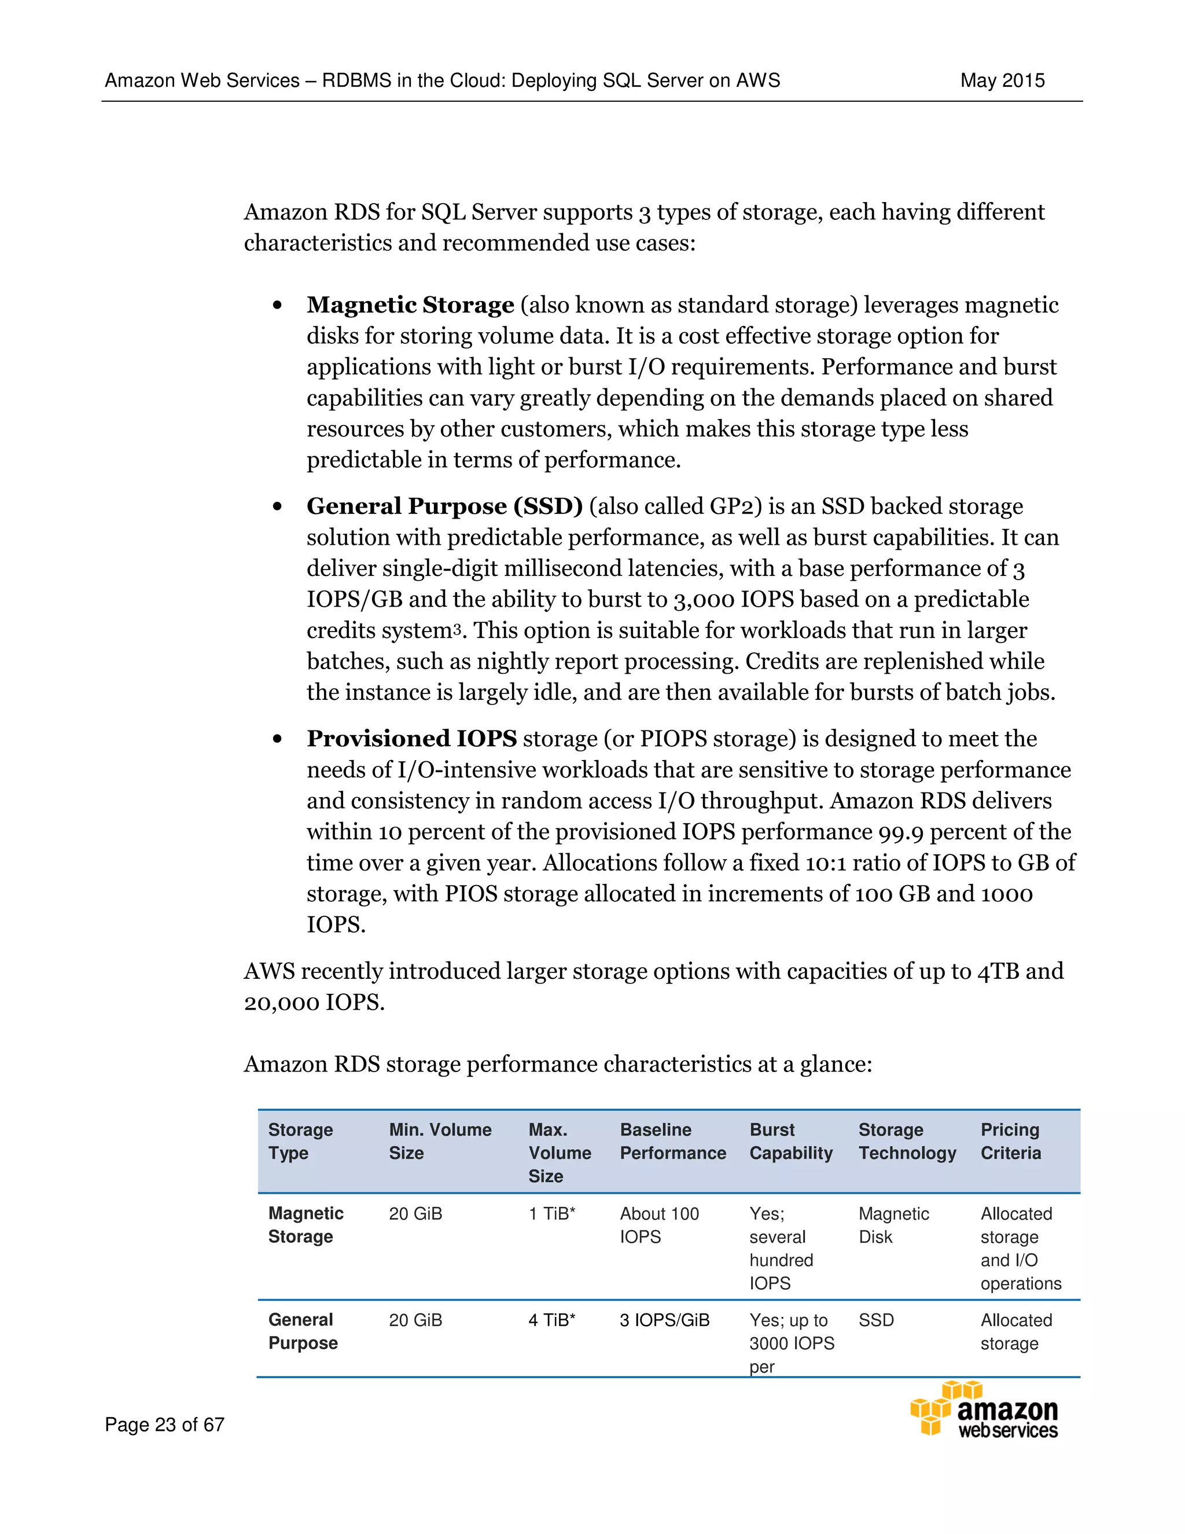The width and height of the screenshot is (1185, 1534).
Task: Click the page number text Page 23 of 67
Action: pyautogui.click(x=164, y=1424)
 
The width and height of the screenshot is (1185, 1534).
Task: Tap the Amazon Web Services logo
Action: pyautogui.click(x=984, y=1409)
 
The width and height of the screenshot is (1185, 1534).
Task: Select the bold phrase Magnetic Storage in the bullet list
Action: pyautogui.click(x=410, y=305)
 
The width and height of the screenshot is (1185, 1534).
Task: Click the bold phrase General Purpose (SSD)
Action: pyautogui.click(x=444, y=507)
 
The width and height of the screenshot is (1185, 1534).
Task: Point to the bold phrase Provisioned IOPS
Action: pyautogui.click(x=411, y=739)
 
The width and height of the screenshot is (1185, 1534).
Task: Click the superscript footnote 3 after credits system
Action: pyautogui.click(x=457, y=627)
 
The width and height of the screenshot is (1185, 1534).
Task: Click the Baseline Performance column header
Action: pyautogui.click(x=672, y=1141)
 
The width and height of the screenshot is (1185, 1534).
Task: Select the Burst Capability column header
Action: pyautogui.click(x=790, y=1141)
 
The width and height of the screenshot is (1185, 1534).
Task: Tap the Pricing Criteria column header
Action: pyautogui.click(x=1010, y=1141)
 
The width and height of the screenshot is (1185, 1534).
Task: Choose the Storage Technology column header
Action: pyautogui.click(x=907, y=1141)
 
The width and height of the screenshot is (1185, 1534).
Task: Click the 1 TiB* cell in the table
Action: pyautogui.click(x=552, y=1214)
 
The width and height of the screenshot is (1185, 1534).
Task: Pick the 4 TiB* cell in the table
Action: pyautogui.click(x=552, y=1320)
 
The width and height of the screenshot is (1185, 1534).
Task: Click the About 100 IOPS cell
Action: pyautogui.click(x=658, y=1225)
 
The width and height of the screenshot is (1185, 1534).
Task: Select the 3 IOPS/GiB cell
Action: pyautogui.click(x=664, y=1320)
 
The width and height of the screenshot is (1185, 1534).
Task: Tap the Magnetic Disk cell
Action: pyautogui.click(x=893, y=1225)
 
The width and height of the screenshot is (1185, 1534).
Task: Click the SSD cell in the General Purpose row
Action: pyautogui.click(x=876, y=1320)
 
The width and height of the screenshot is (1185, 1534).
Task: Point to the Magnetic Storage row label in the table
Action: pyautogui.click(x=306, y=1225)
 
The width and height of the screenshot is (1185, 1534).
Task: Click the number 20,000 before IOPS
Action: pyautogui.click(x=282, y=1002)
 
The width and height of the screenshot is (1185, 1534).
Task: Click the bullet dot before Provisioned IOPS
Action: pyautogui.click(x=278, y=739)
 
